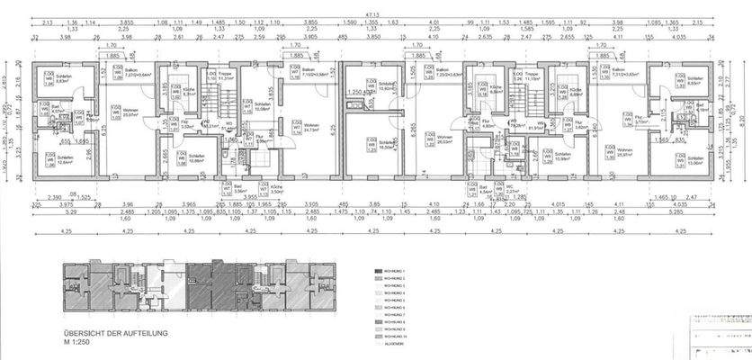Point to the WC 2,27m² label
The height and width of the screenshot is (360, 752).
tap(511, 190)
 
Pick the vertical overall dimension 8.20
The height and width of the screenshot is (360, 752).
tap(740, 117)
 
